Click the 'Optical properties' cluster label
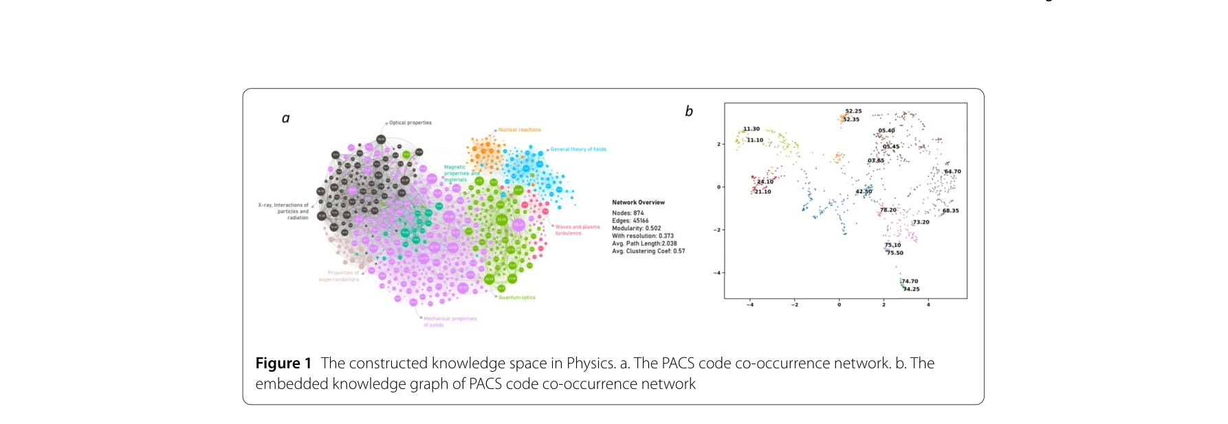(410, 123)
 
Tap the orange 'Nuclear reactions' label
(520, 130)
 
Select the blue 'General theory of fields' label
(578, 149)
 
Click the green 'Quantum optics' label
(517, 298)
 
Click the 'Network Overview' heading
(638, 203)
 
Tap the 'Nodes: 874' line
(628, 213)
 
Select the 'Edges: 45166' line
(631, 221)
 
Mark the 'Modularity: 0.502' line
(637, 228)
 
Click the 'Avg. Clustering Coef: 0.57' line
(648, 251)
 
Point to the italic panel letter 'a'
(286, 118)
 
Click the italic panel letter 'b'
(689, 111)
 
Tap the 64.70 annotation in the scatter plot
(953, 172)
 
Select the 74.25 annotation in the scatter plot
(912, 289)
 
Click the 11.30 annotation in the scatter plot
(752, 129)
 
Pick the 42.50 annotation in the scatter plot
(864, 192)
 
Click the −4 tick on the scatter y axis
(719, 273)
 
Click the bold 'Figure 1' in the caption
(283, 364)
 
